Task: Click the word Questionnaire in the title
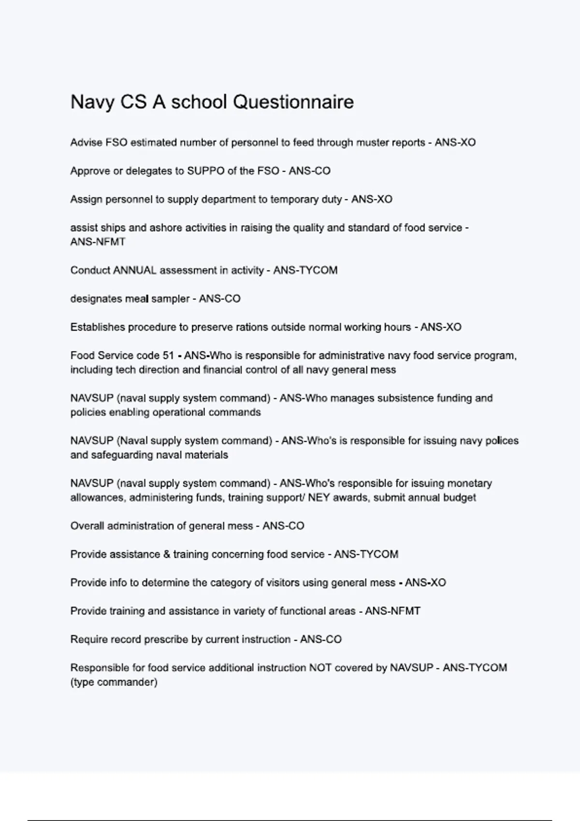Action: click(293, 102)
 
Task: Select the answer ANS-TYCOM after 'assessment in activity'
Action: click(305, 270)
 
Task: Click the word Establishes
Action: click(98, 327)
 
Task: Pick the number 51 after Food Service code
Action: click(168, 356)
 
